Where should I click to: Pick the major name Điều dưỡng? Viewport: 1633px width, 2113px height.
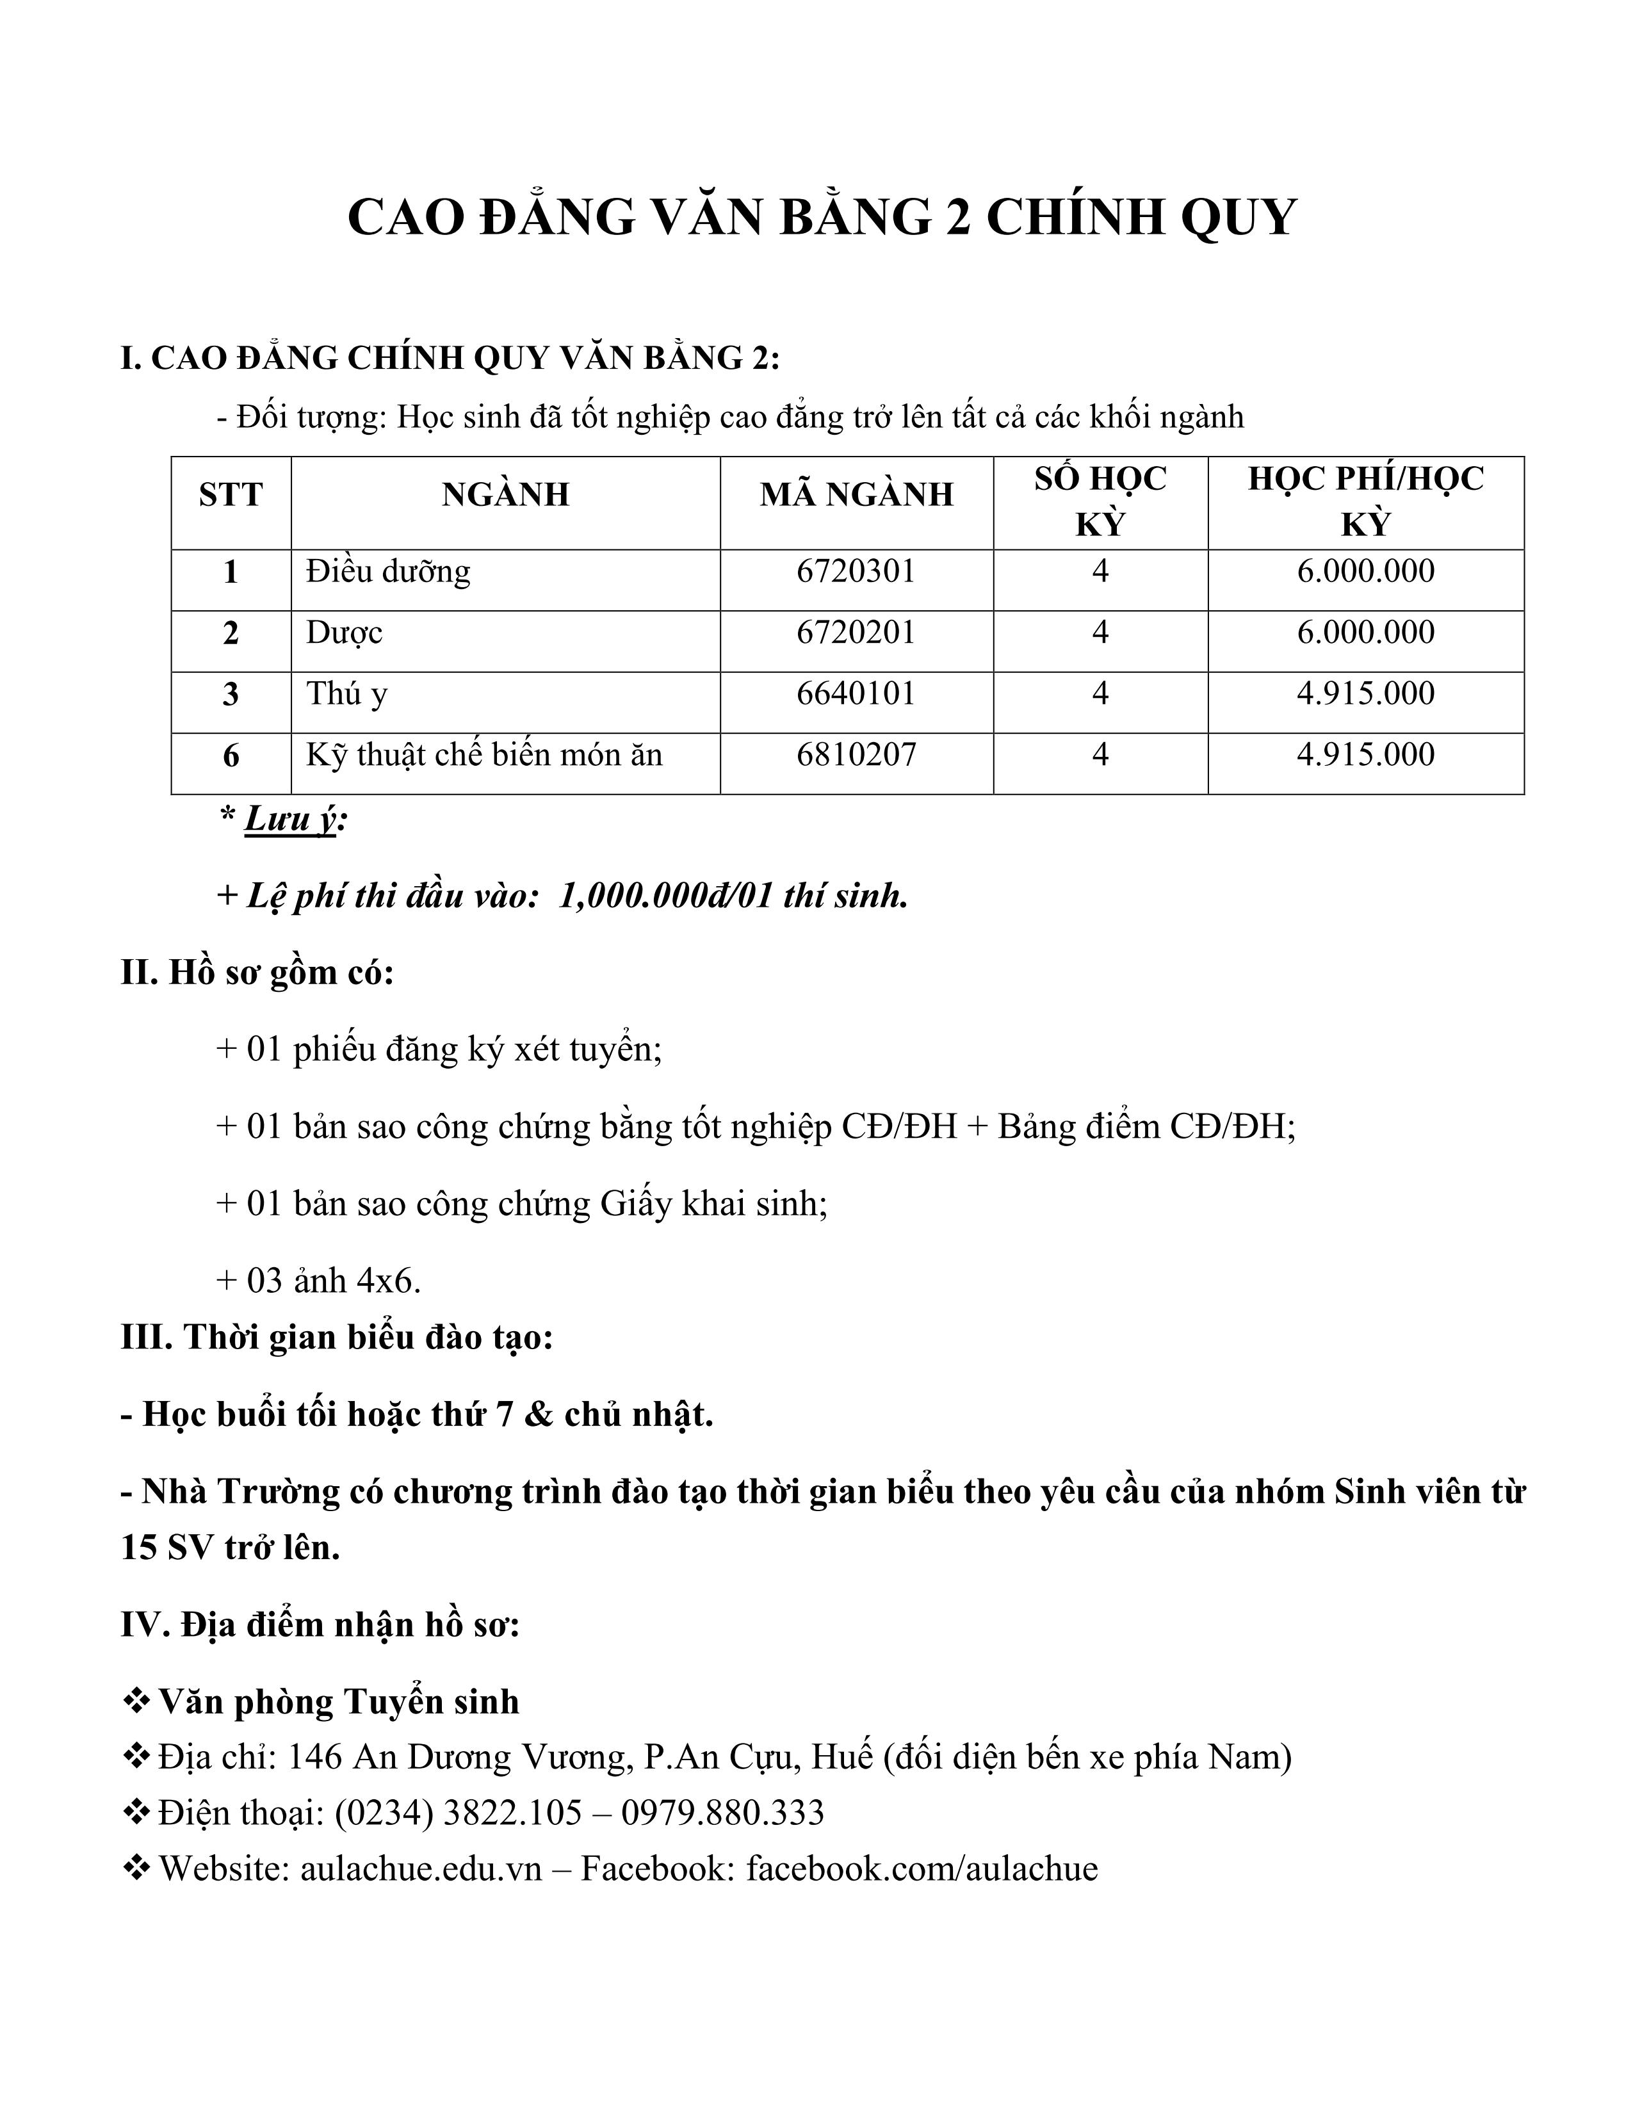click(388, 572)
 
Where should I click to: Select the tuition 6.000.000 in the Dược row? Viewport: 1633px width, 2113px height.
click(1365, 633)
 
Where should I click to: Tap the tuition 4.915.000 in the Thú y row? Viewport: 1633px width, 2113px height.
click(1365, 693)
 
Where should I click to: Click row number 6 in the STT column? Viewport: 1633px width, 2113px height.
click(231, 756)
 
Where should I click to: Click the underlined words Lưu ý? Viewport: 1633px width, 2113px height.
click(290, 820)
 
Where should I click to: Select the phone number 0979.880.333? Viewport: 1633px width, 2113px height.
click(722, 1812)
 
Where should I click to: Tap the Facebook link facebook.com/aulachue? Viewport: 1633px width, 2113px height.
click(922, 1868)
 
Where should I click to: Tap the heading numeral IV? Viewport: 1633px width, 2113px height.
click(144, 1624)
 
